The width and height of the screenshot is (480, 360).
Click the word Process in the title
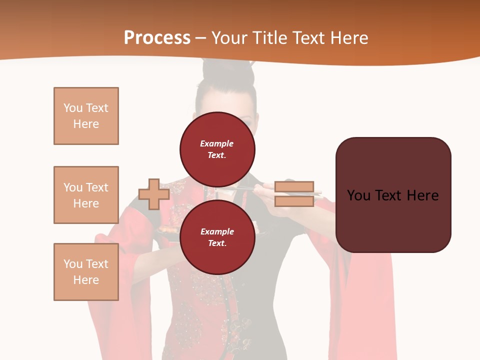(157, 38)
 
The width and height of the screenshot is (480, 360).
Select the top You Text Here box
(86, 116)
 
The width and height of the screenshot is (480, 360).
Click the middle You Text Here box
(86, 195)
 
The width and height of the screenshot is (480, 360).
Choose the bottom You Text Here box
(86, 272)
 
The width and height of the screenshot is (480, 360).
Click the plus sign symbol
(154, 194)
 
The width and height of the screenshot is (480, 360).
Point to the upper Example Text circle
(217, 149)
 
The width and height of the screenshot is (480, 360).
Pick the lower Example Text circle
(217, 237)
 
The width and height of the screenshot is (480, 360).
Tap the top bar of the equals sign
(294, 187)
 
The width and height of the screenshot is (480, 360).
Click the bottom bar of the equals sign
(294, 201)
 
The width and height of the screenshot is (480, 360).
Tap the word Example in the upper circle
(217, 143)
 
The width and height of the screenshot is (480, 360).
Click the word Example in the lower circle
(217, 231)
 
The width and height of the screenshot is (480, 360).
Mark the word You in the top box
(72, 108)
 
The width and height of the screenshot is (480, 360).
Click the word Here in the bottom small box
(86, 280)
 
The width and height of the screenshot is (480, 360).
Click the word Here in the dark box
(422, 195)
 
